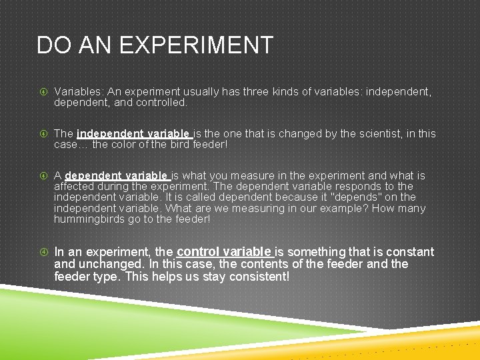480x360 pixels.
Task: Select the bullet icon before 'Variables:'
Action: [x=43, y=92]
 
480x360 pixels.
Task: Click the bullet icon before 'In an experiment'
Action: [x=43, y=253]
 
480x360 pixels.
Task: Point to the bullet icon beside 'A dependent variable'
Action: [x=43, y=176]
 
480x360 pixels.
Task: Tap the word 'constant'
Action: [x=407, y=252]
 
